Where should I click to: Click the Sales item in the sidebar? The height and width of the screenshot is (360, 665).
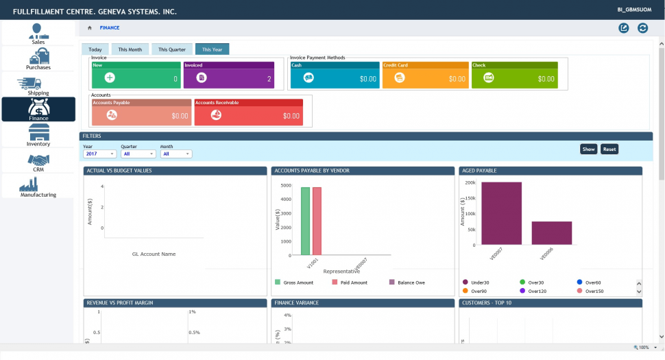click(38, 34)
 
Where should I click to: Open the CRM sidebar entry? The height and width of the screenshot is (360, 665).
click(38, 162)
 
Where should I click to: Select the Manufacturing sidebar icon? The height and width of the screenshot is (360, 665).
click(38, 187)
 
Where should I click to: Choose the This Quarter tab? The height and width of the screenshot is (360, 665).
click(171, 49)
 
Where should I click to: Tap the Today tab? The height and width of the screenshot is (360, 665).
click(95, 49)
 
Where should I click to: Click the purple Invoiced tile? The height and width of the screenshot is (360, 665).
click(228, 75)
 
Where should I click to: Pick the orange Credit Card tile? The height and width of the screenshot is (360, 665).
click(424, 75)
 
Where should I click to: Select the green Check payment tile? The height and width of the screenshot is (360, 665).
click(514, 75)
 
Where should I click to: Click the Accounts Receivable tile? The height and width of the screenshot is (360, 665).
click(248, 112)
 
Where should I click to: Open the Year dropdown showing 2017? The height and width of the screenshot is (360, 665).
click(99, 154)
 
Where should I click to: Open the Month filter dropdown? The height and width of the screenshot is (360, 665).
click(176, 154)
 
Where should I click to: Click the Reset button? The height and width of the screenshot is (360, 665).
click(609, 149)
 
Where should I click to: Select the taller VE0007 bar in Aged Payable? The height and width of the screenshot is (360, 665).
click(501, 213)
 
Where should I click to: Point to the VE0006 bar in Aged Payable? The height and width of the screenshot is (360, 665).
click(551, 232)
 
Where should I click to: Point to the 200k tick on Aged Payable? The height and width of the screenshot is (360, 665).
click(470, 183)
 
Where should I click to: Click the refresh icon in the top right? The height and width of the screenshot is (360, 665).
click(642, 28)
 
